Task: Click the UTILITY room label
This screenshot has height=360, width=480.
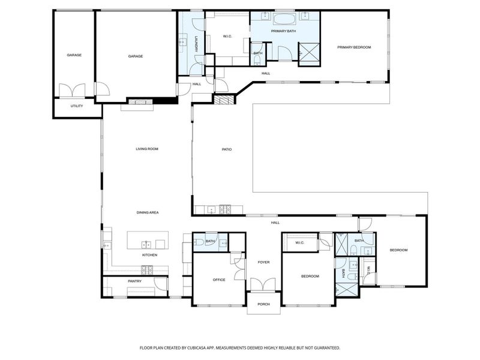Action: click(x=77, y=106)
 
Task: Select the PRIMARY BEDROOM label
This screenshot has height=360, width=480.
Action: click(x=354, y=47)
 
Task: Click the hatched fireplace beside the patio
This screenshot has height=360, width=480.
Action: click(x=223, y=101)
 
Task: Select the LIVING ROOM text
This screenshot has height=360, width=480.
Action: click(x=146, y=149)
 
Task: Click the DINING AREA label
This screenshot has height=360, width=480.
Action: click(x=146, y=212)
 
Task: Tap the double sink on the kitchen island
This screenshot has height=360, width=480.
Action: click(x=146, y=244)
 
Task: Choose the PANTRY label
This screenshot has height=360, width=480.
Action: click(x=134, y=281)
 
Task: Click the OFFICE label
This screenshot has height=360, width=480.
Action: click(x=219, y=280)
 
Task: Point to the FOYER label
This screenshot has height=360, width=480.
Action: click(x=264, y=262)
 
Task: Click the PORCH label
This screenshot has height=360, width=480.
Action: click(x=264, y=304)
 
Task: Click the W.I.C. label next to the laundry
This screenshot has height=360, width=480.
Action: click(x=227, y=37)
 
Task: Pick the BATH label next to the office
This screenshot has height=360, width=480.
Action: click(x=210, y=241)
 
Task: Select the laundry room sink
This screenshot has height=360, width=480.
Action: click(x=182, y=43)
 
